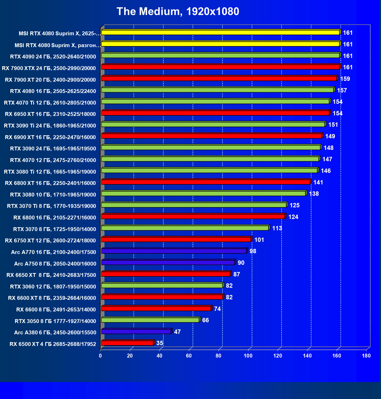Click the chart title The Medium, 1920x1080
pyautogui.click(x=178, y=12)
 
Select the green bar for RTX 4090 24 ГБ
pyautogui.click(x=220, y=55)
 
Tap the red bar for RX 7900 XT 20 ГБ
pyautogui.click(x=219, y=78)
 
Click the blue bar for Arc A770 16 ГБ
pyautogui.click(x=174, y=251)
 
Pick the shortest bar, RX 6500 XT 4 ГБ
pyautogui.click(x=128, y=343)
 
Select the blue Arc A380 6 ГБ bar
pyautogui.click(x=136, y=332)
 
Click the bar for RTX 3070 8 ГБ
pyautogui.click(x=185, y=228)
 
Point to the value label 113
pyautogui.click(x=277, y=228)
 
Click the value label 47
pyautogui.click(x=177, y=332)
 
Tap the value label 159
pyautogui.click(x=345, y=79)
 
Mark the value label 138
pyautogui.click(x=314, y=194)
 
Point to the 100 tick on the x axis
pyautogui.click(x=248, y=356)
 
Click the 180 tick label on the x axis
pyautogui.click(x=366, y=356)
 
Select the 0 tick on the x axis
pyautogui.click(x=100, y=356)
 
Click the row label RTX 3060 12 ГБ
pyautogui.click(x=53, y=286)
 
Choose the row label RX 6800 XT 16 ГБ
pyautogui.click(x=50, y=183)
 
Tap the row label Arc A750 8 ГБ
pyautogui.click(x=55, y=264)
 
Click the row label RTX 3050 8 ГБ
pyautogui.click(x=55, y=321)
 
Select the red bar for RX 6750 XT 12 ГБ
pyautogui.click(x=176, y=240)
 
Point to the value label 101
pyautogui.click(x=259, y=240)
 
